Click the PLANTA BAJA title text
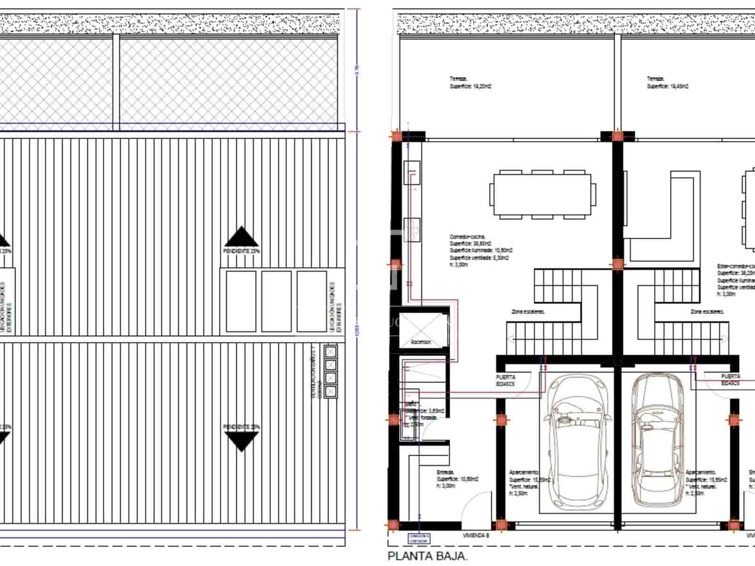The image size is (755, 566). [428, 557]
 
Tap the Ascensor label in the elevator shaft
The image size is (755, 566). [420, 342]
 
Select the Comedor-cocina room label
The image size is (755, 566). [467, 237]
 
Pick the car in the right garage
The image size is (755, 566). [658, 439]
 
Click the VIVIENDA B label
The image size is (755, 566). [476, 535]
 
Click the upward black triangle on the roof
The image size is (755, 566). [241, 237]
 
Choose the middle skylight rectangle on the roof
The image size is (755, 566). [277, 301]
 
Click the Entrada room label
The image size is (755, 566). [445, 472]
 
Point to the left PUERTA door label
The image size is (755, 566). [505, 380]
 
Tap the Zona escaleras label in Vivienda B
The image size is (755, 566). [528, 312]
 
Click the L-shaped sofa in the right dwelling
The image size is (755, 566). [661, 217]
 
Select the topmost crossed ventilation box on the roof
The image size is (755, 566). [331, 351]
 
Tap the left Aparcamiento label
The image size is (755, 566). [523, 472]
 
